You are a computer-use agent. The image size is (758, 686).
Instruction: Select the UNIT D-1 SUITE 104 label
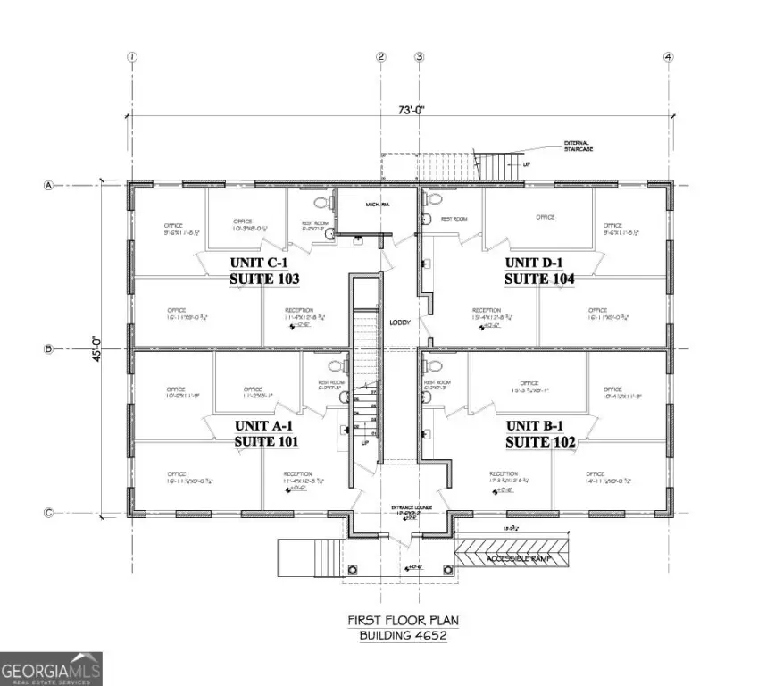[539, 271]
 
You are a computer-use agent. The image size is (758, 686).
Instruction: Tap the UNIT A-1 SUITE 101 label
[265, 433]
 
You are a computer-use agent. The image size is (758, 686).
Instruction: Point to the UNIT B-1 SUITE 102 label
[539, 433]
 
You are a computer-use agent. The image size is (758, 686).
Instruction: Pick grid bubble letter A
[50, 186]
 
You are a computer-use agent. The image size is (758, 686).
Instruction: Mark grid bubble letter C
[50, 513]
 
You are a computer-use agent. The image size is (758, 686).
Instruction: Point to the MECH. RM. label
[379, 205]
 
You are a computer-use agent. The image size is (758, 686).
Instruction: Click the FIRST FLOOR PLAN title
[402, 619]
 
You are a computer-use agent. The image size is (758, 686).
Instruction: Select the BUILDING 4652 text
[402, 635]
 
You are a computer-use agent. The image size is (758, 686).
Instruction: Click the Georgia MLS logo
[51, 668]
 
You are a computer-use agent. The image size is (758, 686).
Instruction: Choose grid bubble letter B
[50, 349]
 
